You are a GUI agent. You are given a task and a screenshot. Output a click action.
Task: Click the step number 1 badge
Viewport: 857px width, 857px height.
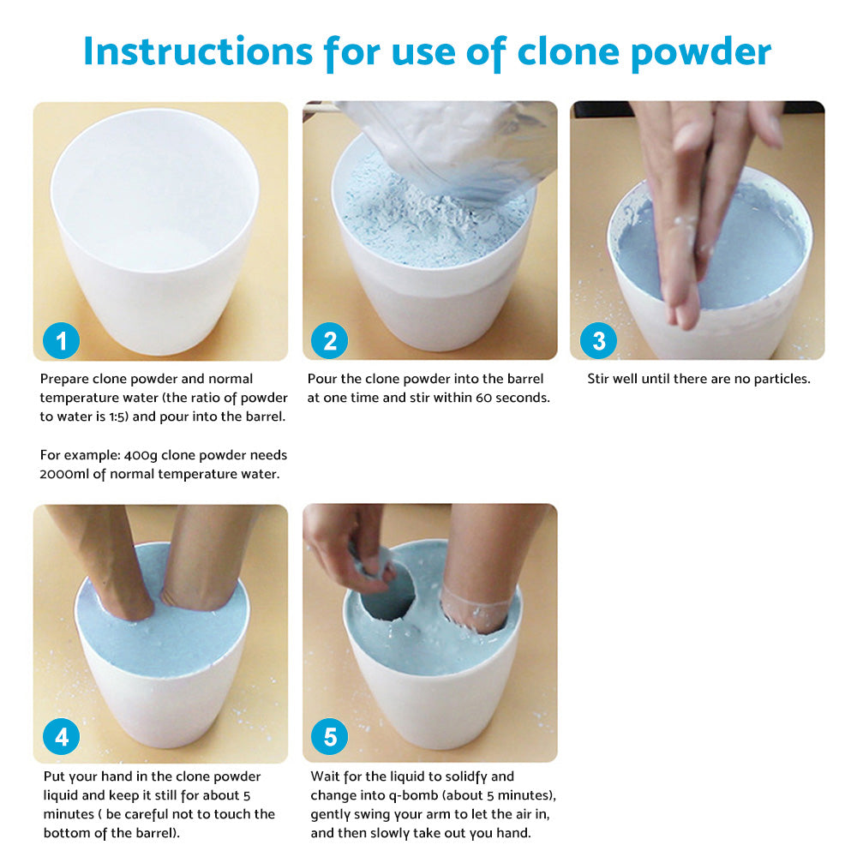coord(61,341)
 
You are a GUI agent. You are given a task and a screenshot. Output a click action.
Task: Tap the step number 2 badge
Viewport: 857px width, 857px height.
coord(330,341)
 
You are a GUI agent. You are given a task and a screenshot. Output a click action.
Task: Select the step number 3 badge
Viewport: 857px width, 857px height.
coord(598,341)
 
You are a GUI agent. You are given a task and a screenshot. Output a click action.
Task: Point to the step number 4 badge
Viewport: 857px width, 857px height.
coord(61,737)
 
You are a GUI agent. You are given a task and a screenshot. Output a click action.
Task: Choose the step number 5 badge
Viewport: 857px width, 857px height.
coord(330,737)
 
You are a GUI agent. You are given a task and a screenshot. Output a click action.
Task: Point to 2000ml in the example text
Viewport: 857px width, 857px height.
coord(65,474)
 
